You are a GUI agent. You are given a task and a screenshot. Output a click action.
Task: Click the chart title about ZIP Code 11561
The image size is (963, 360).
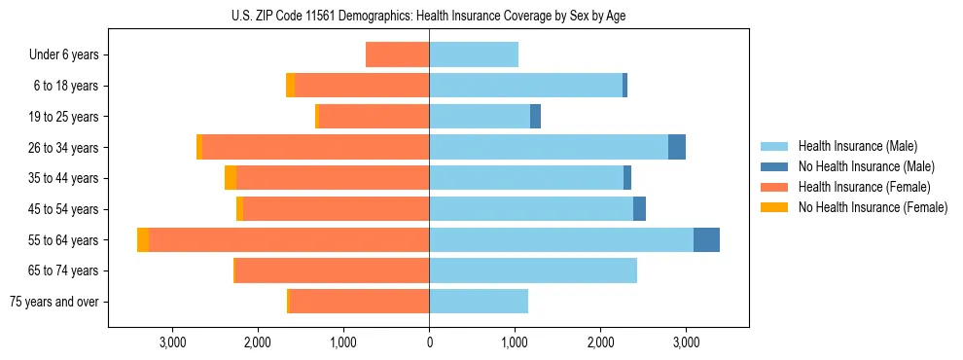429,16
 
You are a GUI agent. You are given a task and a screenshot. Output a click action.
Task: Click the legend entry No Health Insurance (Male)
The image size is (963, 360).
866,166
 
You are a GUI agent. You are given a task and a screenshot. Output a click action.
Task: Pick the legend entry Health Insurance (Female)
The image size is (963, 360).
864,187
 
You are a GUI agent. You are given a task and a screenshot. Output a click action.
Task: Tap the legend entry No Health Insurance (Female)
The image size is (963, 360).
873,207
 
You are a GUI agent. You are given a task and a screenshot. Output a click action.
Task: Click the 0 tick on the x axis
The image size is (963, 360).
429,342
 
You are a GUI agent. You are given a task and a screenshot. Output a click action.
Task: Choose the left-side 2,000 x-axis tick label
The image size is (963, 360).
258,342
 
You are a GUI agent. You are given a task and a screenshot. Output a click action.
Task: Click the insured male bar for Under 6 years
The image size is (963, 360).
474,55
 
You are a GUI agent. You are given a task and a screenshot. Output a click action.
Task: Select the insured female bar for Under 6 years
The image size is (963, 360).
398,55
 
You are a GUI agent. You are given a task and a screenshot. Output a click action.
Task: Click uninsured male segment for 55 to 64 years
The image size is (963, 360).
706,240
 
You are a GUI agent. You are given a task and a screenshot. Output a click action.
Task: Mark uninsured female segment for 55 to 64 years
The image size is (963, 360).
143,240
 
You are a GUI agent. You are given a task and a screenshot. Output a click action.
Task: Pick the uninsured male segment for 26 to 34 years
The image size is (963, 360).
677,148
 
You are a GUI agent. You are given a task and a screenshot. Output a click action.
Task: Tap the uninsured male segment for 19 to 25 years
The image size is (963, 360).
535,117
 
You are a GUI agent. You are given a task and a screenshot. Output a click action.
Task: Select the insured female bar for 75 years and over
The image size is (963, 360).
359,302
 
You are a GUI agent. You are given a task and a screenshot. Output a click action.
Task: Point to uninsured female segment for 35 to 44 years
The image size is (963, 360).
231,178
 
